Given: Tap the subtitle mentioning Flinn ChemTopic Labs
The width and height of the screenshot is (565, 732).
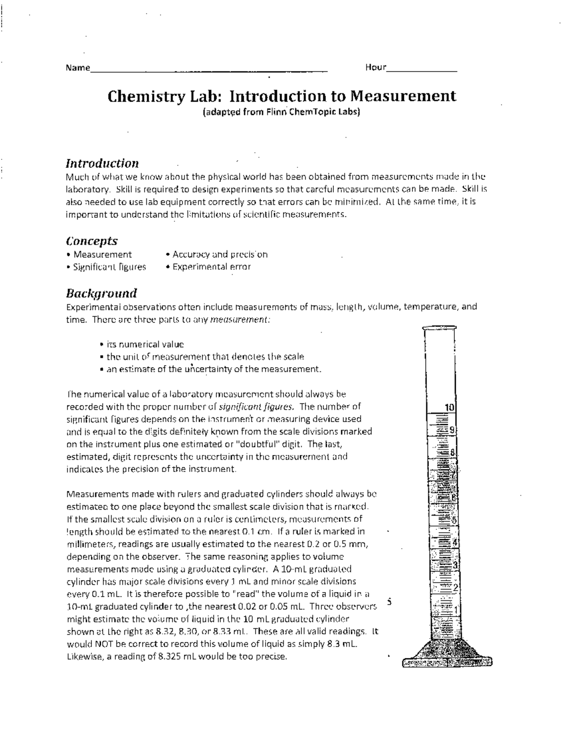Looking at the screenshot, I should (x=281, y=113).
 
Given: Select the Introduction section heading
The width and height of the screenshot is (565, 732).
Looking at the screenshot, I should (x=102, y=164).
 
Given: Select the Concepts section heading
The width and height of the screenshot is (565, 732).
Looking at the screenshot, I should (x=92, y=241).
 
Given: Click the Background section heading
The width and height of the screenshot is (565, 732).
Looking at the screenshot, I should (x=101, y=293).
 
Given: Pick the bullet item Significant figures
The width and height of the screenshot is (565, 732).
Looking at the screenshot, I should (x=109, y=267).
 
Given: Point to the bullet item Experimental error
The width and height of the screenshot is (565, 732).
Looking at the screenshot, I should (x=211, y=267).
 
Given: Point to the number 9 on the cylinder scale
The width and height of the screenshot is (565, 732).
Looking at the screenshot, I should (x=452, y=430).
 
